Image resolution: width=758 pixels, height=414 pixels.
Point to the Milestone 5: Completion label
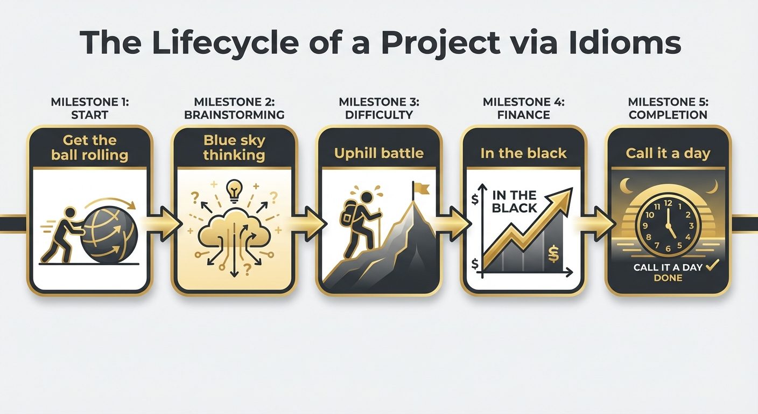(x=668, y=108)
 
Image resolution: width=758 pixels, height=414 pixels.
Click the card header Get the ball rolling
(x=89, y=148)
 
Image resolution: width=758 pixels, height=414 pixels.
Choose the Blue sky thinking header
(x=234, y=148)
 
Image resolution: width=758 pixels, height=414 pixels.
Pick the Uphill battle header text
(x=378, y=153)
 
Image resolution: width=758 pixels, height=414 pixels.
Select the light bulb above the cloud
(x=234, y=190)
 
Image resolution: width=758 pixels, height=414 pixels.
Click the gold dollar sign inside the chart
(x=553, y=253)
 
